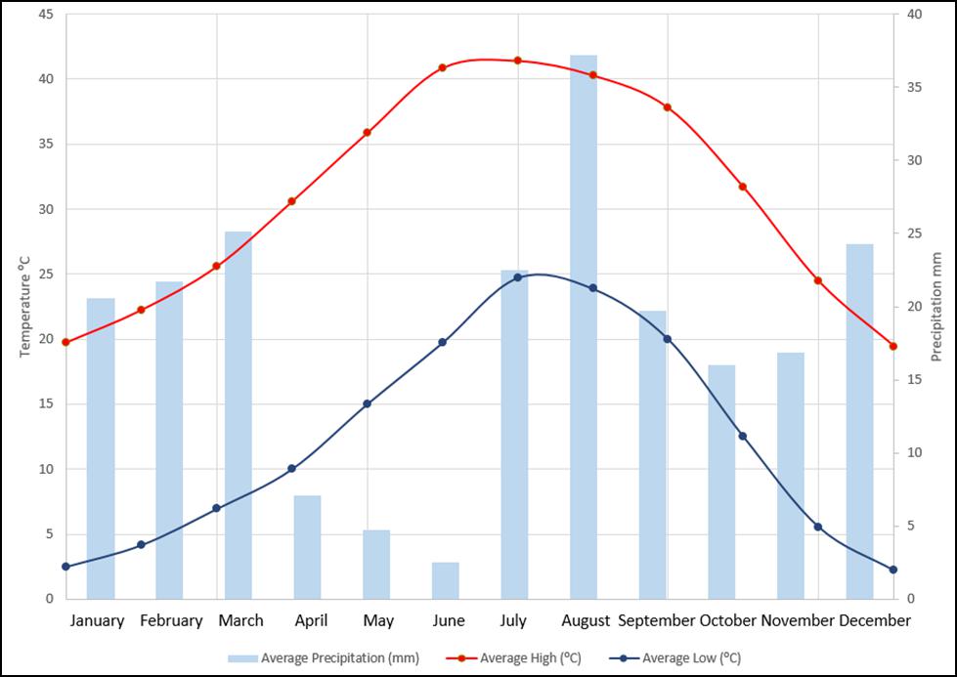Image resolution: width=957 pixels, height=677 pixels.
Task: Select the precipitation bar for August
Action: (x=584, y=327)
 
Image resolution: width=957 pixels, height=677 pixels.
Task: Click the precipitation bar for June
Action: (x=446, y=580)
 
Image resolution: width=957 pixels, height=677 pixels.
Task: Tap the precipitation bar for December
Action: (x=859, y=421)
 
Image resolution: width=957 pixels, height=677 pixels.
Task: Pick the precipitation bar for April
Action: (x=308, y=547)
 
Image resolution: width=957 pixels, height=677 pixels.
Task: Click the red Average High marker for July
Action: (x=517, y=61)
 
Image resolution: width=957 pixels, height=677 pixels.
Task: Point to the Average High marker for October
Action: (x=743, y=187)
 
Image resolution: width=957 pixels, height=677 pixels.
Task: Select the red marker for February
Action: (x=141, y=310)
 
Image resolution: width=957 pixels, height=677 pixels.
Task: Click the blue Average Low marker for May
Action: (x=367, y=403)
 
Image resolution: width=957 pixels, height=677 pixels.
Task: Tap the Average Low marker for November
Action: (x=818, y=527)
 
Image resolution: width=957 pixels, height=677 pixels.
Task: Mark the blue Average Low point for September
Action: (x=667, y=339)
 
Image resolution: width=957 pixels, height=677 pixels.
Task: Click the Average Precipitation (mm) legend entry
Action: (x=324, y=658)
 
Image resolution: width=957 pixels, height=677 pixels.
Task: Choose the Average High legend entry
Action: (x=514, y=658)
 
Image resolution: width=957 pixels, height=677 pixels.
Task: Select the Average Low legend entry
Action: (x=675, y=658)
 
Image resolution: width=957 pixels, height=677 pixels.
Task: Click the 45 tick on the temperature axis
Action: (x=46, y=14)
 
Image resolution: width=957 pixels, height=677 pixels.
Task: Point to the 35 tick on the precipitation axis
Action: (x=914, y=87)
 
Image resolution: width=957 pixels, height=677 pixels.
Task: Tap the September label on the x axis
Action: (x=656, y=621)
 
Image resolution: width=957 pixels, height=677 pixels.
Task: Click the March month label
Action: (x=241, y=621)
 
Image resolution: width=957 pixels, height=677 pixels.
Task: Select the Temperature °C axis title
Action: (x=24, y=307)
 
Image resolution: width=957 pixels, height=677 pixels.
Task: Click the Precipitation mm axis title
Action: (x=936, y=307)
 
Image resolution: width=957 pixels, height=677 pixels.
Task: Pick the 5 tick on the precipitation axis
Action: (x=911, y=526)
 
